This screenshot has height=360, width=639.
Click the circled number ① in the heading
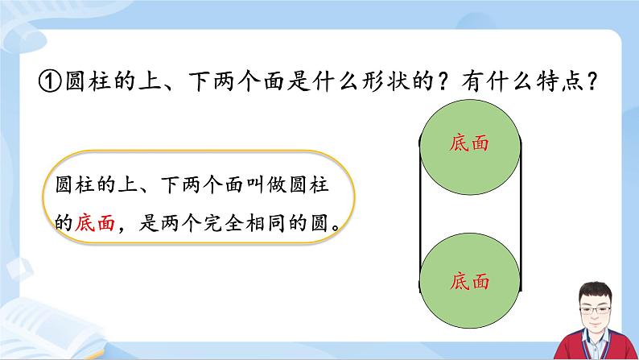click(51, 83)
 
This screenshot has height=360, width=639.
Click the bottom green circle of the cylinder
click(471, 282)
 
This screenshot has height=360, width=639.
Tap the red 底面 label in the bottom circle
click(471, 283)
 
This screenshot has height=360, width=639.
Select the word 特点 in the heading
click(556, 83)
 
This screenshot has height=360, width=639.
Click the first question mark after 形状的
click(447, 83)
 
